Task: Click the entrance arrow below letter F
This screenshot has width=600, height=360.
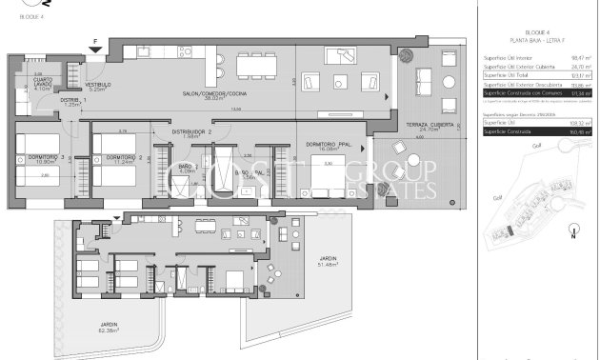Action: tap(95, 50)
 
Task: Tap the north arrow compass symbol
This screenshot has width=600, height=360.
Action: tap(571, 228)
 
